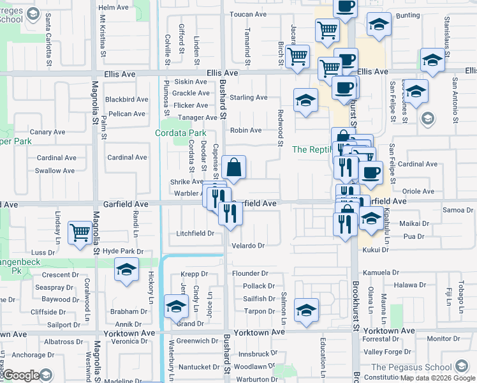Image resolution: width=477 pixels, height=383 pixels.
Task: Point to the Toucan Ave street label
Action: pos(248,14)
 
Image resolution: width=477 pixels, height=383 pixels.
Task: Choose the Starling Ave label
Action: pos(249,98)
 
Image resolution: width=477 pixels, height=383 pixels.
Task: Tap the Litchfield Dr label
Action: pos(195,234)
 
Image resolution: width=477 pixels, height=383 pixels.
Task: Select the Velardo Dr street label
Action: pos(248,245)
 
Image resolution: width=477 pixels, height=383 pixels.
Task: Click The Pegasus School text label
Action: pos(412,367)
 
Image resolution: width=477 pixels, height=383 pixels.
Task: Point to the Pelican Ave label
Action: pos(127,114)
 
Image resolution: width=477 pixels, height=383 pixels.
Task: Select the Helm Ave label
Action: pos(114,7)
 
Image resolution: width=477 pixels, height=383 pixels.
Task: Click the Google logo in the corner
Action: pos(21,375)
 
